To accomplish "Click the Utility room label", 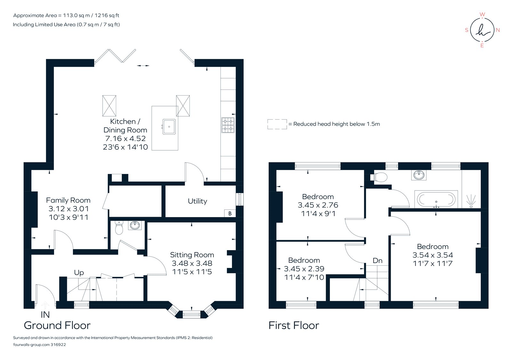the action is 197,201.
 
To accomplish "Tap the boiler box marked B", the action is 230,213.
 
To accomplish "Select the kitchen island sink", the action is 169,127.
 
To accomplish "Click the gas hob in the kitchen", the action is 228,125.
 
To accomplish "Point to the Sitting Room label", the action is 192,255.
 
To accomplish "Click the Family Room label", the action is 68,200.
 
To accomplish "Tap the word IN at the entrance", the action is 45,315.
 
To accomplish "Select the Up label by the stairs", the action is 79,272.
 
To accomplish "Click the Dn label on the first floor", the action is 378,261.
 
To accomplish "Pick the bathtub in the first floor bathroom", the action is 436,200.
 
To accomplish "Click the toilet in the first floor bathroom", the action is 379,177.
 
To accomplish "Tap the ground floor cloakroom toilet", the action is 119,228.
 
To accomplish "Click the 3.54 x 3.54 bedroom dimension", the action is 433,255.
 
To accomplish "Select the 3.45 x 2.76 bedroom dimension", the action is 318,205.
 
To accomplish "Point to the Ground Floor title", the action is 57,325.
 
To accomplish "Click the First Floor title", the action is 294,325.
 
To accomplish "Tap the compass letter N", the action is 498,30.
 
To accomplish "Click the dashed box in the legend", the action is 277,124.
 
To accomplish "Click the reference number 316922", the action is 58,345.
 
